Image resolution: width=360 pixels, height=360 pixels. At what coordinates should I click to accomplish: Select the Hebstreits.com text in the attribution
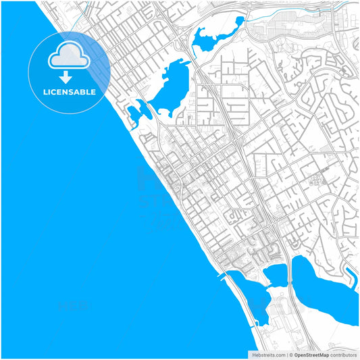pos(267,355)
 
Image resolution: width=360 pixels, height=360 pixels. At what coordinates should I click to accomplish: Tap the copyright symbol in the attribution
pos(290,355)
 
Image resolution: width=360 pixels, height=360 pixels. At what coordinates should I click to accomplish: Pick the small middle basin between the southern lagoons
pos(275,274)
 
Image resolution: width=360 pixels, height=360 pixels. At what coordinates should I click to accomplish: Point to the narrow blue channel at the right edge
pos(351,274)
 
